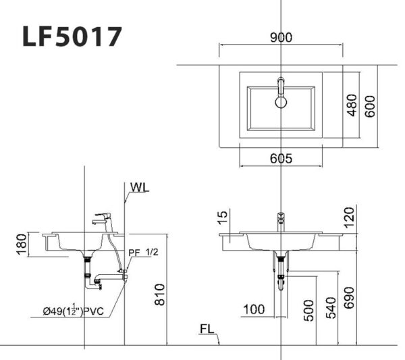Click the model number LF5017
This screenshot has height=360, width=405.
pos(72,36)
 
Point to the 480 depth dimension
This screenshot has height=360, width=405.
pos(351,105)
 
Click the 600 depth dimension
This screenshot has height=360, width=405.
pos(369,105)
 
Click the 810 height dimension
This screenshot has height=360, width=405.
pos(160,294)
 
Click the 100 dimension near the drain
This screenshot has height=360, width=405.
pos(254,309)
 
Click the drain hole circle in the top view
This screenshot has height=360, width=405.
pos(281,102)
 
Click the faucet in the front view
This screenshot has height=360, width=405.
pos(281,220)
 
